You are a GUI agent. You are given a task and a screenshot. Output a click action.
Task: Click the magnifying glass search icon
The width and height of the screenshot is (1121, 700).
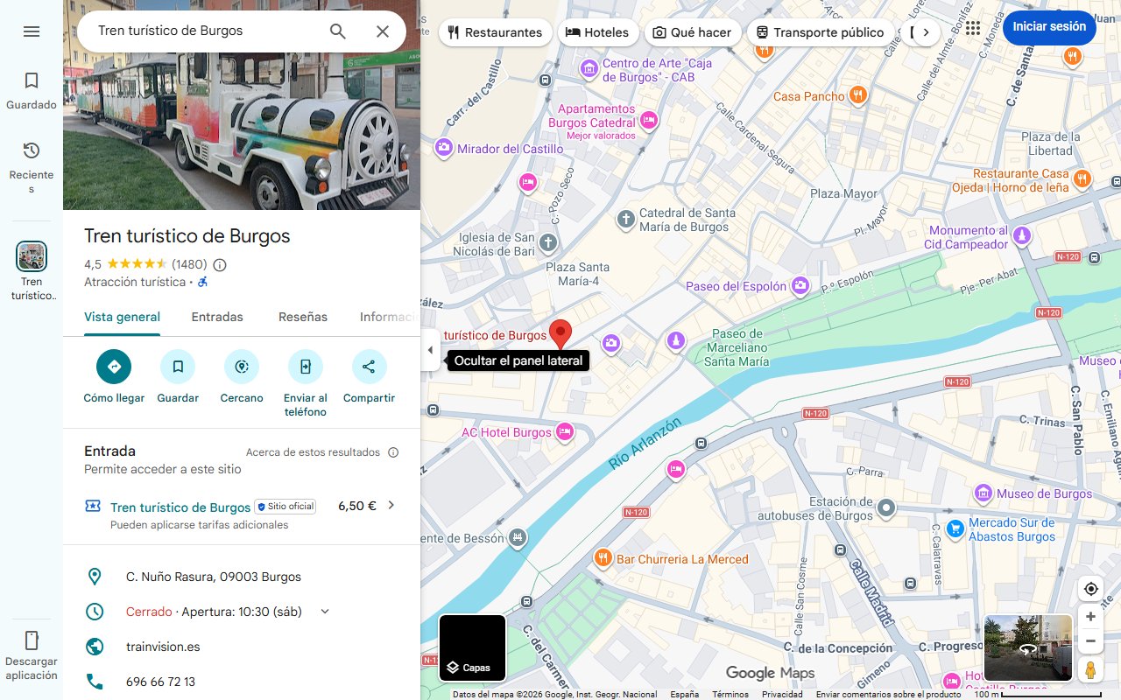(338, 31)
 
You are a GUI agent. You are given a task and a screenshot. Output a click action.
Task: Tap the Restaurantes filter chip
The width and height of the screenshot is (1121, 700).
(495, 32)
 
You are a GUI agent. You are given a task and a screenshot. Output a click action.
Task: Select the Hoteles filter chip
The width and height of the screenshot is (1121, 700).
(597, 32)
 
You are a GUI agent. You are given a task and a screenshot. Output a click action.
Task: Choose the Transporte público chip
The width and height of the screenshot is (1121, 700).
(820, 32)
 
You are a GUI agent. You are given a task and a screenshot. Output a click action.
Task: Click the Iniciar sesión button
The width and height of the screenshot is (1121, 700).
(1049, 27)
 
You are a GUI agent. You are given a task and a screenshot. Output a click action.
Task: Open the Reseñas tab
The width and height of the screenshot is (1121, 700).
(303, 317)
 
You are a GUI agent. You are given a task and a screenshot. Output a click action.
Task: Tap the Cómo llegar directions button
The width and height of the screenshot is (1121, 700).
(114, 367)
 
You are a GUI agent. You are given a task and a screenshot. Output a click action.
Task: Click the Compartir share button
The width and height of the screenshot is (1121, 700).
(369, 367)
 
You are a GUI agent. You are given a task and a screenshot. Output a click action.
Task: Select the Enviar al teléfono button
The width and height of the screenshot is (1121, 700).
(306, 367)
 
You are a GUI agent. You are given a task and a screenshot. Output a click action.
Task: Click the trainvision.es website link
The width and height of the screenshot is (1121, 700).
(163, 647)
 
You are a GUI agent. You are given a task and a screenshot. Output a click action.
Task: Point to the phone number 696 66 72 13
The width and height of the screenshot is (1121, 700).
(160, 682)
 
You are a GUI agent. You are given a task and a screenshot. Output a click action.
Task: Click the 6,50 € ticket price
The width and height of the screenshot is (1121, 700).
(357, 506)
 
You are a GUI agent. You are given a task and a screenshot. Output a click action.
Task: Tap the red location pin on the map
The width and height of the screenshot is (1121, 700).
(560, 333)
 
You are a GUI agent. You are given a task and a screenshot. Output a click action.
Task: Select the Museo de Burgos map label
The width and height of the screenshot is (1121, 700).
(1044, 493)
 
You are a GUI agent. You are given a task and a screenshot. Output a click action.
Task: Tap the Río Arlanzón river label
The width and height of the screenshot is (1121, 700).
(645, 444)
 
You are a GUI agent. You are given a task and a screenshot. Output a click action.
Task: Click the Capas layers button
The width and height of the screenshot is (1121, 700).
(472, 648)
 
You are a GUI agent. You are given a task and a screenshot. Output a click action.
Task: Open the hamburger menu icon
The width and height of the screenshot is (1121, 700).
(32, 31)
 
